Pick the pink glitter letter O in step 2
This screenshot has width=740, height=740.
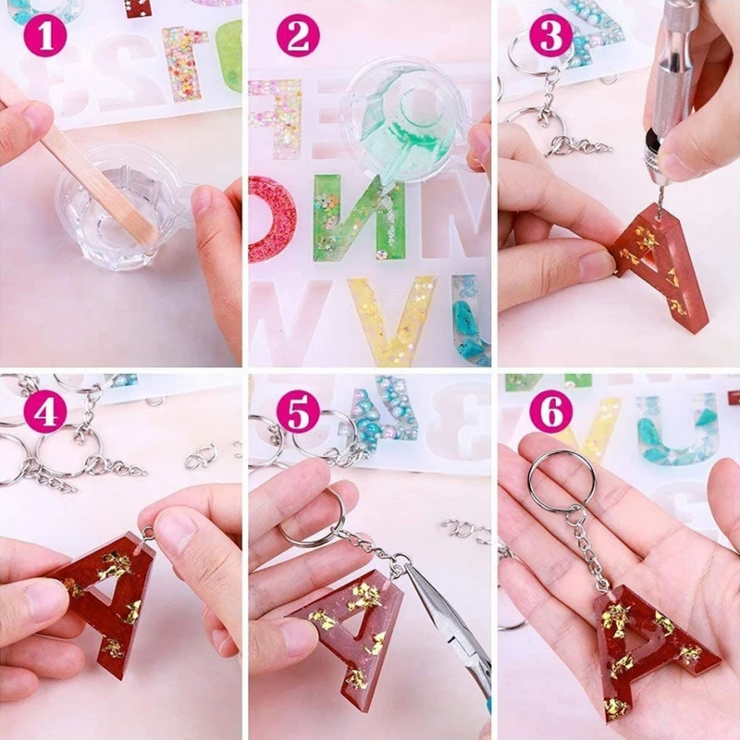pyautogui.click(x=272, y=218)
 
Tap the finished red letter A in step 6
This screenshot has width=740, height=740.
pyautogui.click(x=647, y=647)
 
